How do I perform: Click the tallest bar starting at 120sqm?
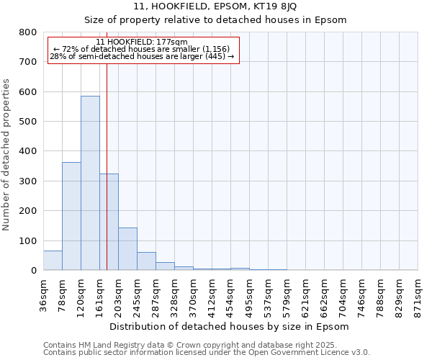pyautogui.click(x=90, y=184)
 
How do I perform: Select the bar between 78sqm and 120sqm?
pyautogui.click(x=71, y=216)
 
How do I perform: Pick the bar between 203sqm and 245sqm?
pyautogui.click(x=127, y=249)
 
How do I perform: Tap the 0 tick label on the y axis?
pyautogui.click(x=33, y=271)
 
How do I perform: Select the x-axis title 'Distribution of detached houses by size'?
pyautogui.click(x=230, y=327)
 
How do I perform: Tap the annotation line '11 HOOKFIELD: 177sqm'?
pyautogui.click(x=141, y=42)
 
